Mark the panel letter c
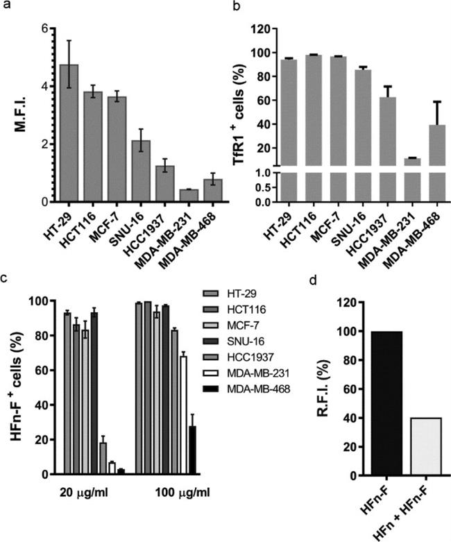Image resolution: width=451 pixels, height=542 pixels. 6,278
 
